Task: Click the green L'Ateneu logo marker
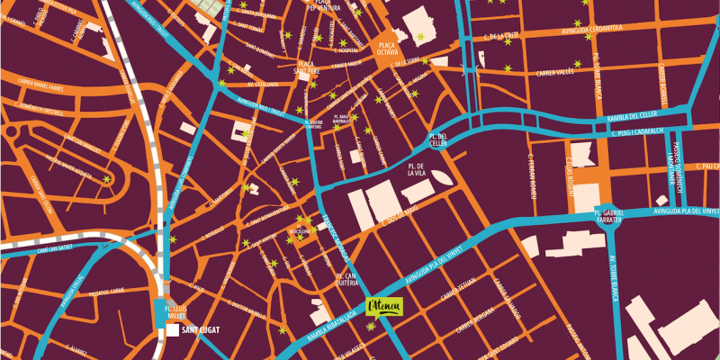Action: pyautogui.click(x=386, y=307)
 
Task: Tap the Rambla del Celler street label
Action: pyautogui.click(x=632, y=115)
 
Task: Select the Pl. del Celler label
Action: pyautogui.click(x=437, y=139)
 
